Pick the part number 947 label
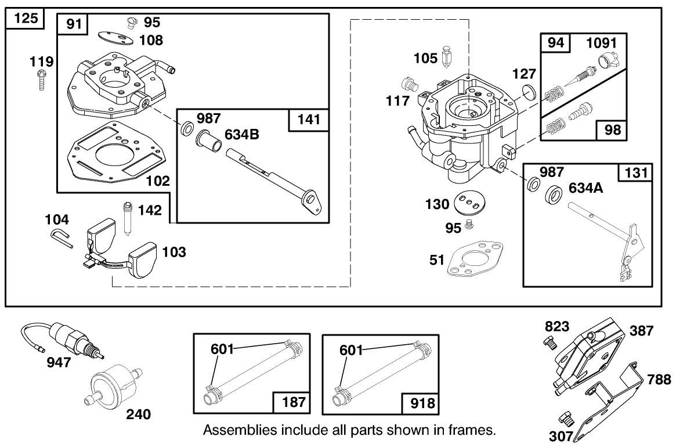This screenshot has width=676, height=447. [59, 363]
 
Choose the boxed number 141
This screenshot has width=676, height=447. [309, 120]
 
